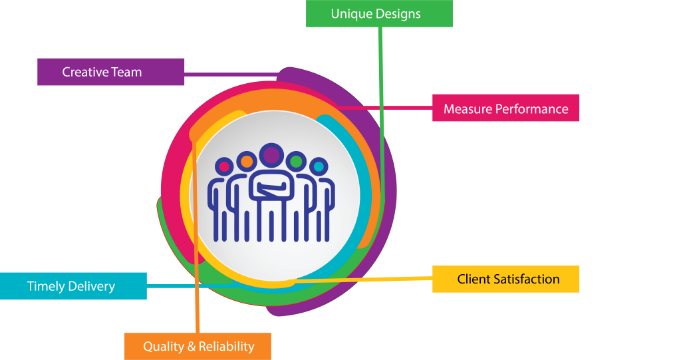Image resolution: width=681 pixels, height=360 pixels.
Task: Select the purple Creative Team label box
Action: tap(110, 72)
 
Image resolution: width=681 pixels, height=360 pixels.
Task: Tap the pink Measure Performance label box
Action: tap(505, 108)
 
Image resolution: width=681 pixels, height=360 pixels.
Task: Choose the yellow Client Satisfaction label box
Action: tap(505, 279)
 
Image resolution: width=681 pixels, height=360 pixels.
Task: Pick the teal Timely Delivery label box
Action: tap(73, 286)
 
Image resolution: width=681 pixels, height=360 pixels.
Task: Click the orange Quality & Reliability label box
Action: tap(198, 346)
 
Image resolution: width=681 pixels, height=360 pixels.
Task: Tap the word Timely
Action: tap(46, 287)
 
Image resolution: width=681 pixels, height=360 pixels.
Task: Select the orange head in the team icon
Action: tap(247, 161)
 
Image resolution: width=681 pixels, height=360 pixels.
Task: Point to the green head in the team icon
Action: tap(296, 161)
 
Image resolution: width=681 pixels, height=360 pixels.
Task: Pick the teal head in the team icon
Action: tap(319, 166)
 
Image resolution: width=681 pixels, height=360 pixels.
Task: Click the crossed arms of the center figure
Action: tap(271, 190)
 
